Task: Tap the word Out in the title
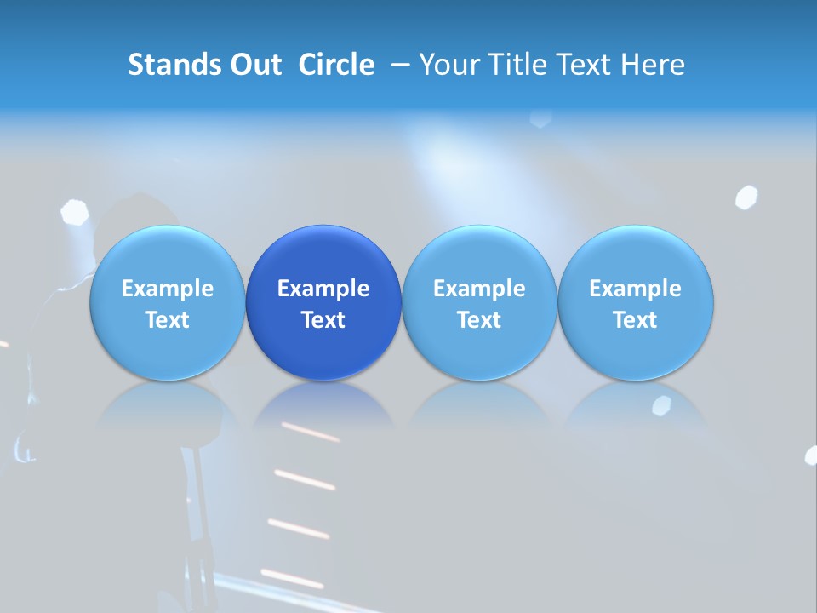tap(254, 65)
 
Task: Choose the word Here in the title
tap(652, 65)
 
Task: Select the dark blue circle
tap(323, 303)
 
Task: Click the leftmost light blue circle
tap(167, 303)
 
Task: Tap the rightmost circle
tap(635, 303)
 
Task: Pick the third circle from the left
tap(479, 303)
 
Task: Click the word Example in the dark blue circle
tap(323, 289)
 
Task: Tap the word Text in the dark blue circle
tap(323, 320)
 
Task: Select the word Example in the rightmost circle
tap(635, 289)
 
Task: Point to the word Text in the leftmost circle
tap(167, 320)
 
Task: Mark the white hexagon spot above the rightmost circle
tap(746, 197)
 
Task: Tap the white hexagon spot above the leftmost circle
tap(74, 212)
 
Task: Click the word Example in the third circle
tap(479, 289)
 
